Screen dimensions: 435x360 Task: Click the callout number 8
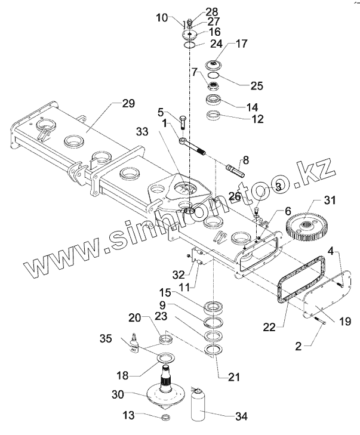click(245, 159)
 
